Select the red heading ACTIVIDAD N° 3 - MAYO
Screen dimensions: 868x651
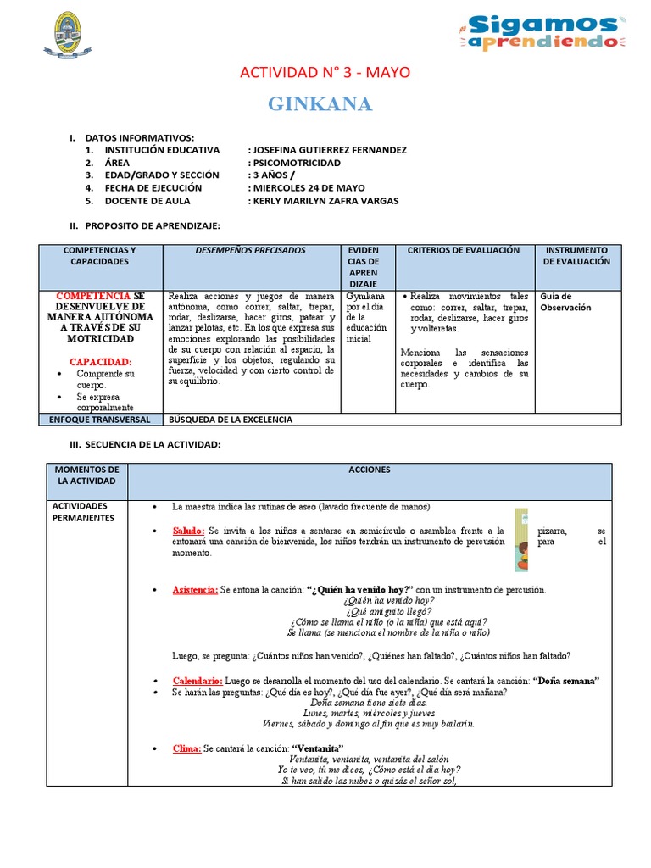click(325, 73)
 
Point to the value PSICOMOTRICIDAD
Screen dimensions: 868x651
click(296, 163)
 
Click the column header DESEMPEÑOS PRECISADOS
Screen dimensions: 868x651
click(250, 251)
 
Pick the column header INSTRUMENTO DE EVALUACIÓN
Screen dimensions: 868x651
click(576, 256)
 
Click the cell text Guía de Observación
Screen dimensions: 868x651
click(565, 302)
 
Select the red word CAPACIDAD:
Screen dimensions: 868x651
click(100, 361)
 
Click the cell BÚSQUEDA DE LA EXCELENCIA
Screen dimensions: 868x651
click(231, 420)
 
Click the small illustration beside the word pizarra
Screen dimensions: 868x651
click(521, 540)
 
